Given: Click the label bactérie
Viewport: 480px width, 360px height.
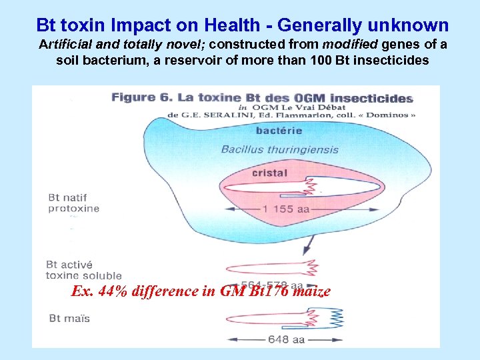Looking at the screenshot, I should click(279, 131).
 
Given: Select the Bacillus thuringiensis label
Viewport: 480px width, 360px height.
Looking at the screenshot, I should click(279, 149).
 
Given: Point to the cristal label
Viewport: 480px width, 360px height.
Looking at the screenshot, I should click(269, 173).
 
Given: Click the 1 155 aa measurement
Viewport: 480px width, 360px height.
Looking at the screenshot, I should click(286, 209).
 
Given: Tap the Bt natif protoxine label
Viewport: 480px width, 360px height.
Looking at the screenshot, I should click(73, 203).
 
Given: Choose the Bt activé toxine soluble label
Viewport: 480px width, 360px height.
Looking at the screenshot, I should click(83, 269).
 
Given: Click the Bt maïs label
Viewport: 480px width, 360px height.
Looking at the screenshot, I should click(69, 318).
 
